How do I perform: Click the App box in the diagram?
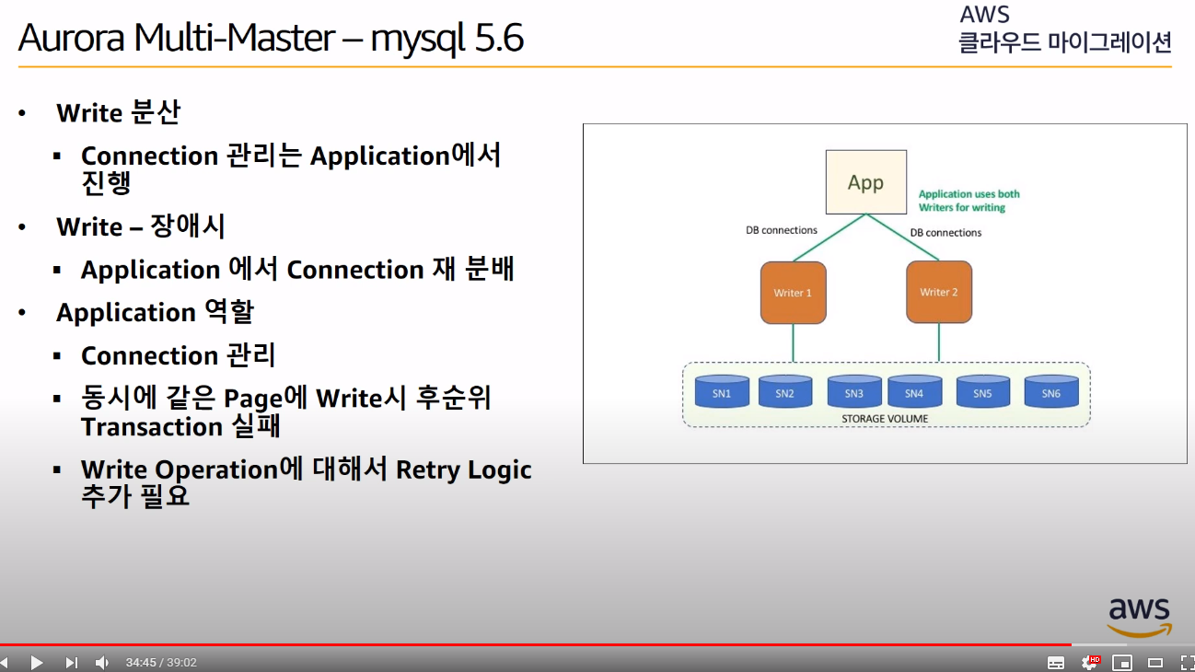(x=865, y=182)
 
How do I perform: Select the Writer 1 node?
(x=793, y=293)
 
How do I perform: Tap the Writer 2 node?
(x=939, y=292)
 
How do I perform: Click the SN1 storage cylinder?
(x=722, y=393)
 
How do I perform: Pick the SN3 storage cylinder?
(x=854, y=393)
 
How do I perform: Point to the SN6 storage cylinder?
(x=1051, y=393)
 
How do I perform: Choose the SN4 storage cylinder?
(x=914, y=393)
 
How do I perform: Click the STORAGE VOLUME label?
(x=885, y=419)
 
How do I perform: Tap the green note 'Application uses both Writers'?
(x=969, y=201)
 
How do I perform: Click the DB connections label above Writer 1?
(x=782, y=231)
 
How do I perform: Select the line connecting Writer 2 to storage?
(x=939, y=342)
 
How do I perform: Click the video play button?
(x=37, y=662)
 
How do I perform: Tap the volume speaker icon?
(x=102, y=662)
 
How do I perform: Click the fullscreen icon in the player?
(x=1187, y=662)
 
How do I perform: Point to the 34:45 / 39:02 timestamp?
(x=161, y=663)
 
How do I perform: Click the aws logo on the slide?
(x=1139, y=616)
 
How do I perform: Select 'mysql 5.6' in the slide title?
(x=447, y=39)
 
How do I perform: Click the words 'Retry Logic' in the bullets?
(x=463, y=469)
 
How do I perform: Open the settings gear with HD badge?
(x=1090, y=662)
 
